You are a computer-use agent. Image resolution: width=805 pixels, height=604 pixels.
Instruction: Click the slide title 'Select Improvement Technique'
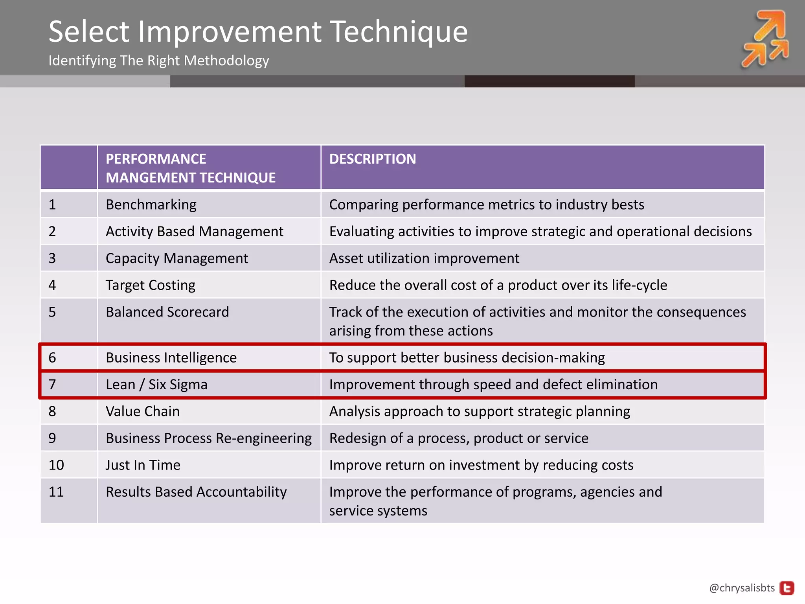258,31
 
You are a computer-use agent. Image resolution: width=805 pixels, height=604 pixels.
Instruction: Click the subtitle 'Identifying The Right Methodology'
158,61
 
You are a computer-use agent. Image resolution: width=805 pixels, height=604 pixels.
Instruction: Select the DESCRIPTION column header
372,159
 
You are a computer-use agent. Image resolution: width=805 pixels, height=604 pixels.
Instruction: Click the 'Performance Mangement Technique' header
191,168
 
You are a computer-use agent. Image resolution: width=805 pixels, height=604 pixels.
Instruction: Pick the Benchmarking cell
151,204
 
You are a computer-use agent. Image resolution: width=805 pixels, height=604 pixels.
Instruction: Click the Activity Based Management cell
194,231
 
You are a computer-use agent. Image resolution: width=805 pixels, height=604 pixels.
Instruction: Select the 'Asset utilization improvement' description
424,258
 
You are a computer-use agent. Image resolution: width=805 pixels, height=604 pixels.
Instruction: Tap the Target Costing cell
150,285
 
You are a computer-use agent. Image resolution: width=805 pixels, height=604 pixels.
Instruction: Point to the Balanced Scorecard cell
167,312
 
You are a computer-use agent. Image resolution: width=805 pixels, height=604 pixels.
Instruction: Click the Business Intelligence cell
171,357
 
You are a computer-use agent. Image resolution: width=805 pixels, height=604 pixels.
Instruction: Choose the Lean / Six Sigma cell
156,385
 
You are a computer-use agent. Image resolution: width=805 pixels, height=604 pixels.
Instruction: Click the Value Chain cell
142,411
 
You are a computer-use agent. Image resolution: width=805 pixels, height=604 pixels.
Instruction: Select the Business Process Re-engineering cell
208,438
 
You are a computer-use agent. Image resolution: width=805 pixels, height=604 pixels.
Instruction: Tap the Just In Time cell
143,465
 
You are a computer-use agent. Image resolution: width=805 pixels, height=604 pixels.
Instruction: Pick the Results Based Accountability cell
196,492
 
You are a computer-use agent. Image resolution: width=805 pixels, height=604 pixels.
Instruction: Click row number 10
56,465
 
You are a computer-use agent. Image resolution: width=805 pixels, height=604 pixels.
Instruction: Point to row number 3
52,258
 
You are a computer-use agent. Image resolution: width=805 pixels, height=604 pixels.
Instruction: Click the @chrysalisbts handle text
742,588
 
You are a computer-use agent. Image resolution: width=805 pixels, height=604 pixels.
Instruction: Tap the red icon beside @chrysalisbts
787,588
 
